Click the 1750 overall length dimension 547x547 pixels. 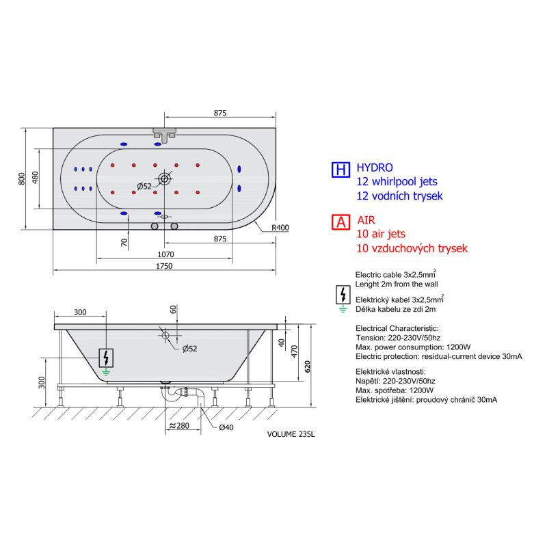click(164, 266)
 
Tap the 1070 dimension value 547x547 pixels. click(165, 254)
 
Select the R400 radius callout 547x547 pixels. click(280, 228)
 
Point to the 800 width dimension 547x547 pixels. click(22, 178)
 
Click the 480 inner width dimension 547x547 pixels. click(35, 178)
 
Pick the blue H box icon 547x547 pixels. click(341, 170)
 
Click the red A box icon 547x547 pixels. click(341, 222)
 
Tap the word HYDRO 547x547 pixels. click(375, 168)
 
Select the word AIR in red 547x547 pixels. click(366, 220)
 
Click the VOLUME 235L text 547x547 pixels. click(291, 434)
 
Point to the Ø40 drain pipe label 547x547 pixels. click(226, 427)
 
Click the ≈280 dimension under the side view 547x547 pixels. click(179, 425)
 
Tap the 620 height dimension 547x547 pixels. click(307, 366)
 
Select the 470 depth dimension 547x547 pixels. click(295, 351)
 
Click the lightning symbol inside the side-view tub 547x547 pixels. click(106, 358)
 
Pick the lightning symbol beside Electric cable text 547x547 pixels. click(343, 295)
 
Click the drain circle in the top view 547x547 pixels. click(164, 179)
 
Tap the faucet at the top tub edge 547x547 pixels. click(164, 135)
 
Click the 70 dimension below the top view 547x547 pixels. click(124, 242)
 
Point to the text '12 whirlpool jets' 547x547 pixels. click(397, 181)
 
